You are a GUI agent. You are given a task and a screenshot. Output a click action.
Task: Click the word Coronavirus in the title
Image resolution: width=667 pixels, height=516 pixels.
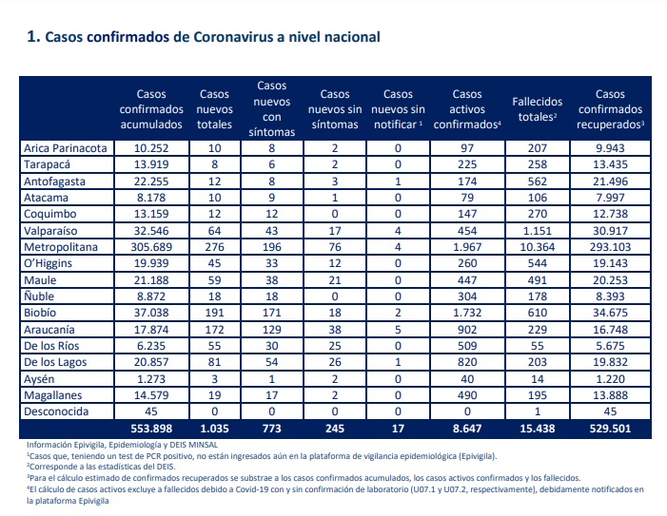[x=233, y=37]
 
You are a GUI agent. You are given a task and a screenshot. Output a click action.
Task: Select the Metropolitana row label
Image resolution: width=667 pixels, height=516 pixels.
[x=61, y=247]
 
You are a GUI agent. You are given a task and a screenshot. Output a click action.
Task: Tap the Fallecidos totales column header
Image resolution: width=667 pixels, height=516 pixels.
[x=538, y=109]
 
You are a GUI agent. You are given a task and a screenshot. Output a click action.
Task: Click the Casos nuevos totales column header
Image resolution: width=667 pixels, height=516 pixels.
[x=214, y=109]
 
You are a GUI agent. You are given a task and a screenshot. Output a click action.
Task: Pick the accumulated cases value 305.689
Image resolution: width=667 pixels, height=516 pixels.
[x=151, y=247]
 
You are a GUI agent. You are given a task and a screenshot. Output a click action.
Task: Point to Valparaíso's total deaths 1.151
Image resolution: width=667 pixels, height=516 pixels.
[x=538, y=231]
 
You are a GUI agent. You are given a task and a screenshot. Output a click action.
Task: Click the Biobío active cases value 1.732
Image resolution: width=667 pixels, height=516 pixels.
[x=467, y=313]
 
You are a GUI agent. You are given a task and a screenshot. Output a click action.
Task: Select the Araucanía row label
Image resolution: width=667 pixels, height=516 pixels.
[x=49, y=330]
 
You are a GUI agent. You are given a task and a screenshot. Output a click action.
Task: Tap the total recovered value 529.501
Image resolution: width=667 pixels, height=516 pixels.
[x=610, y=429]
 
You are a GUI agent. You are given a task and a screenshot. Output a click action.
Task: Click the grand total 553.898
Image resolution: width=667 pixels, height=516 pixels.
[x=151, y=429]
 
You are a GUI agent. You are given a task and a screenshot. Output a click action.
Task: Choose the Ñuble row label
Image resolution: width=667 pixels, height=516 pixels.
[x=39, y=296]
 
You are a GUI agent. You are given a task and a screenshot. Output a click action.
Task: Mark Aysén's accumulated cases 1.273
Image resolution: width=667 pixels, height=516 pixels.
[x=151, y=379]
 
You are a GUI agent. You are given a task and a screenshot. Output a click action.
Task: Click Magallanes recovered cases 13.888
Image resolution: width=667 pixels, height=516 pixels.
[x=610, y=395]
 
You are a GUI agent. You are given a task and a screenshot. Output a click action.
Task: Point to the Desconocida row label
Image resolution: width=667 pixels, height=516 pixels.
[x=56, y=411]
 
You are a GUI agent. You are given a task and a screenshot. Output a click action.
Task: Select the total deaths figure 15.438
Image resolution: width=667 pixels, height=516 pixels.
[x=538, y=429]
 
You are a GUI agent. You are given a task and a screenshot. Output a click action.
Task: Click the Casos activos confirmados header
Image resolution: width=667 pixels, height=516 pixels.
[x=467, y=109]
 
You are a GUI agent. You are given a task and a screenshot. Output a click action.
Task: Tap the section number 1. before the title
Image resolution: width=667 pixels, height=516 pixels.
[x=33, y=36]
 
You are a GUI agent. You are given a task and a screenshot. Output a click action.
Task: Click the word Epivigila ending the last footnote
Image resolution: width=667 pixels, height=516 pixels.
[x=93, y=501]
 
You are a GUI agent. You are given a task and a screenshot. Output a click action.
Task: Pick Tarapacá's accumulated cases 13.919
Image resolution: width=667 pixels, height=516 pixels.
[x=151, y=164]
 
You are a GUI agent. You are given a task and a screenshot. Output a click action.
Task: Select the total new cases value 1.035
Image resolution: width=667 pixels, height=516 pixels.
[x=214, y=429]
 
